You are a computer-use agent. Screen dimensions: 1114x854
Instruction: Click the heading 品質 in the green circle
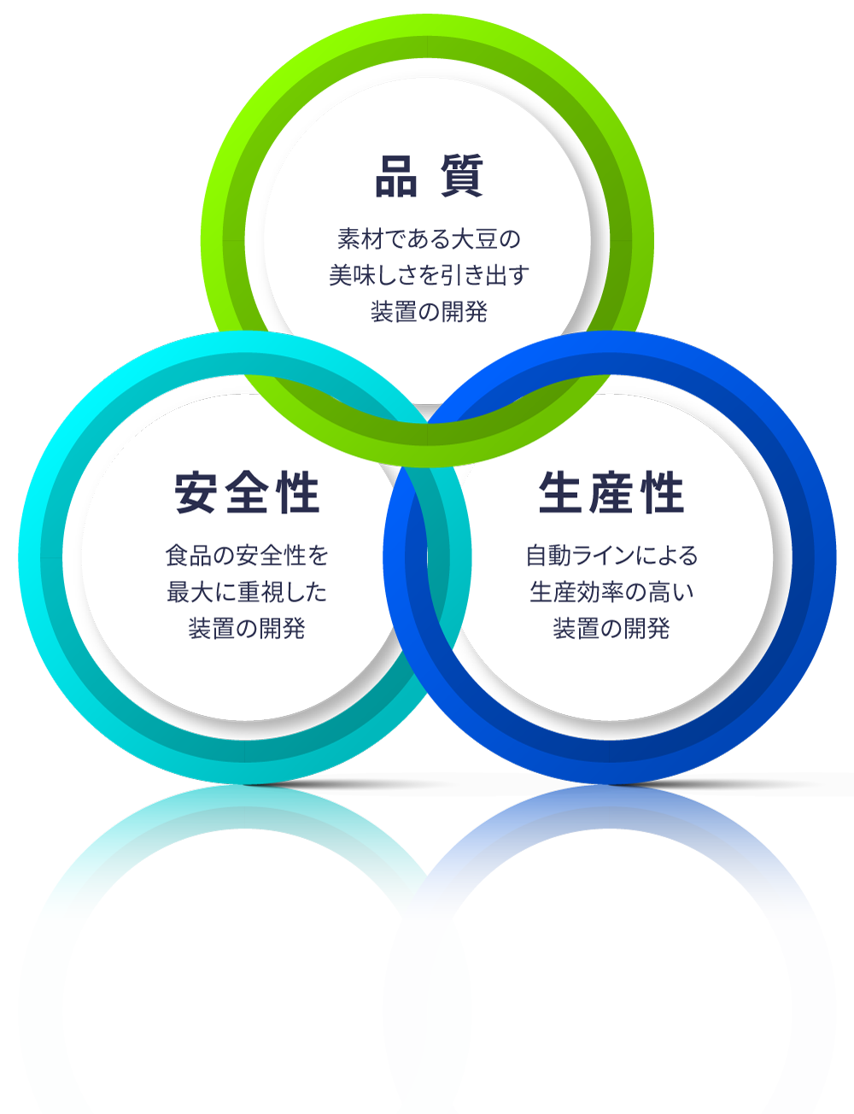[x=429, y=177]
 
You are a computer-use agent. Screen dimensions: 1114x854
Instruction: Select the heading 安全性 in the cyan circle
[x=247, y=494]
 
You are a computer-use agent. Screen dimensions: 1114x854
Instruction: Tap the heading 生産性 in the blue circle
[x=611, y=494]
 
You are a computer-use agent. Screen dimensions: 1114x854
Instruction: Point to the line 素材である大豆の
[x=429, y=238]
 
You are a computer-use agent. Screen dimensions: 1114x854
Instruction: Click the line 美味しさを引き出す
[x=429, y=275]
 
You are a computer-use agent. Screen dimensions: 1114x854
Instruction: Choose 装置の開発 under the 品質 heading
[x=429, y=312]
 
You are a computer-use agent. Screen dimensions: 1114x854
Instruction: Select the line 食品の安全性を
[x=247, y=556]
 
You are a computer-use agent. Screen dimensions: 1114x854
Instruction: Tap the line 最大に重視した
[x=247, y=592]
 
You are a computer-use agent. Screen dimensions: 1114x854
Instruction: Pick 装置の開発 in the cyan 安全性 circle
[x=247, y=629]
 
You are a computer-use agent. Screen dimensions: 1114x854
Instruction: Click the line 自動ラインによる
[x=611, y=556]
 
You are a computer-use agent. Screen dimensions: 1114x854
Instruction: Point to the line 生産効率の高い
[x=611, y=592]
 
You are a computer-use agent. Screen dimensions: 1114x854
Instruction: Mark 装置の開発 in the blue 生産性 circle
[x=611, y=629]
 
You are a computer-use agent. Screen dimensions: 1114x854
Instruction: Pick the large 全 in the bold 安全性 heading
[x=247, y=494]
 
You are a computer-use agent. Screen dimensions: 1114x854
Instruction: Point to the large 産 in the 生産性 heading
[x=611, y=494]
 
